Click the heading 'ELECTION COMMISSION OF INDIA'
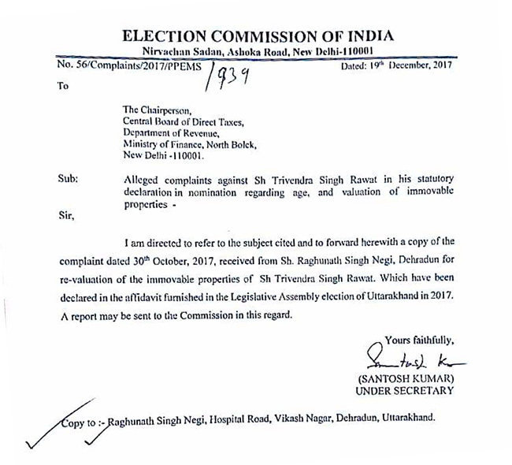click(257, 36)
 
